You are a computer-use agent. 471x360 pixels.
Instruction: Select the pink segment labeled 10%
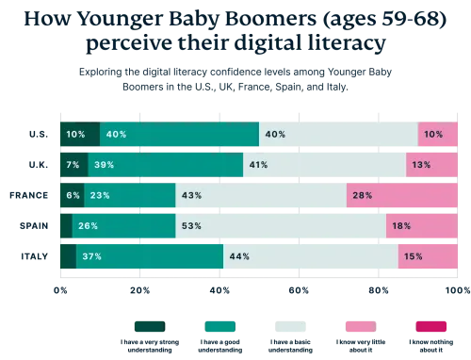(x=438, y=135)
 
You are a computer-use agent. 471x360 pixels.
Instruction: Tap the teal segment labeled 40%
(x=179, y=135)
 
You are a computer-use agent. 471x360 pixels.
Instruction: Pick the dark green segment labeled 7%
(x=73, y=165)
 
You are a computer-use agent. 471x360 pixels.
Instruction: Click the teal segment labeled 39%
(x=165, y=165)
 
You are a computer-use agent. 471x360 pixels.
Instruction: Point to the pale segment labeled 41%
(x=325, y=165)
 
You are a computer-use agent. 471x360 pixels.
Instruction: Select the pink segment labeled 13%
(x=432, y=165)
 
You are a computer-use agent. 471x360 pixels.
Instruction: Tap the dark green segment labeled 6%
(x=71, y=195)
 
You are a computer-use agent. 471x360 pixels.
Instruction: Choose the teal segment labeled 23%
(x=129, y=195)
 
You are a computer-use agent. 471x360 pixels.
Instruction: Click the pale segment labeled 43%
(x=260, y=195)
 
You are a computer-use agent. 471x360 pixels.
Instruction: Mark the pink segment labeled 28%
(x=402, y=195)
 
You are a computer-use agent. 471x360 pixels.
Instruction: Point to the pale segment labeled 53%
(x=281, y=226)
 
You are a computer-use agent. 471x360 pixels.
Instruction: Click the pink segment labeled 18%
(x=423, y=226)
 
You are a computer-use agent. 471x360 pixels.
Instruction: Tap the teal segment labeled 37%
(x=150, y=256)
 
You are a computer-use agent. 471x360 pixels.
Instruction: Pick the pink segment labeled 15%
(x=429, y=256)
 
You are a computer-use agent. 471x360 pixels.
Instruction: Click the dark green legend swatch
(x=147, y=327)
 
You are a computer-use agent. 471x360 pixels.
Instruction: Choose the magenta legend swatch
(x=432, y=327)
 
